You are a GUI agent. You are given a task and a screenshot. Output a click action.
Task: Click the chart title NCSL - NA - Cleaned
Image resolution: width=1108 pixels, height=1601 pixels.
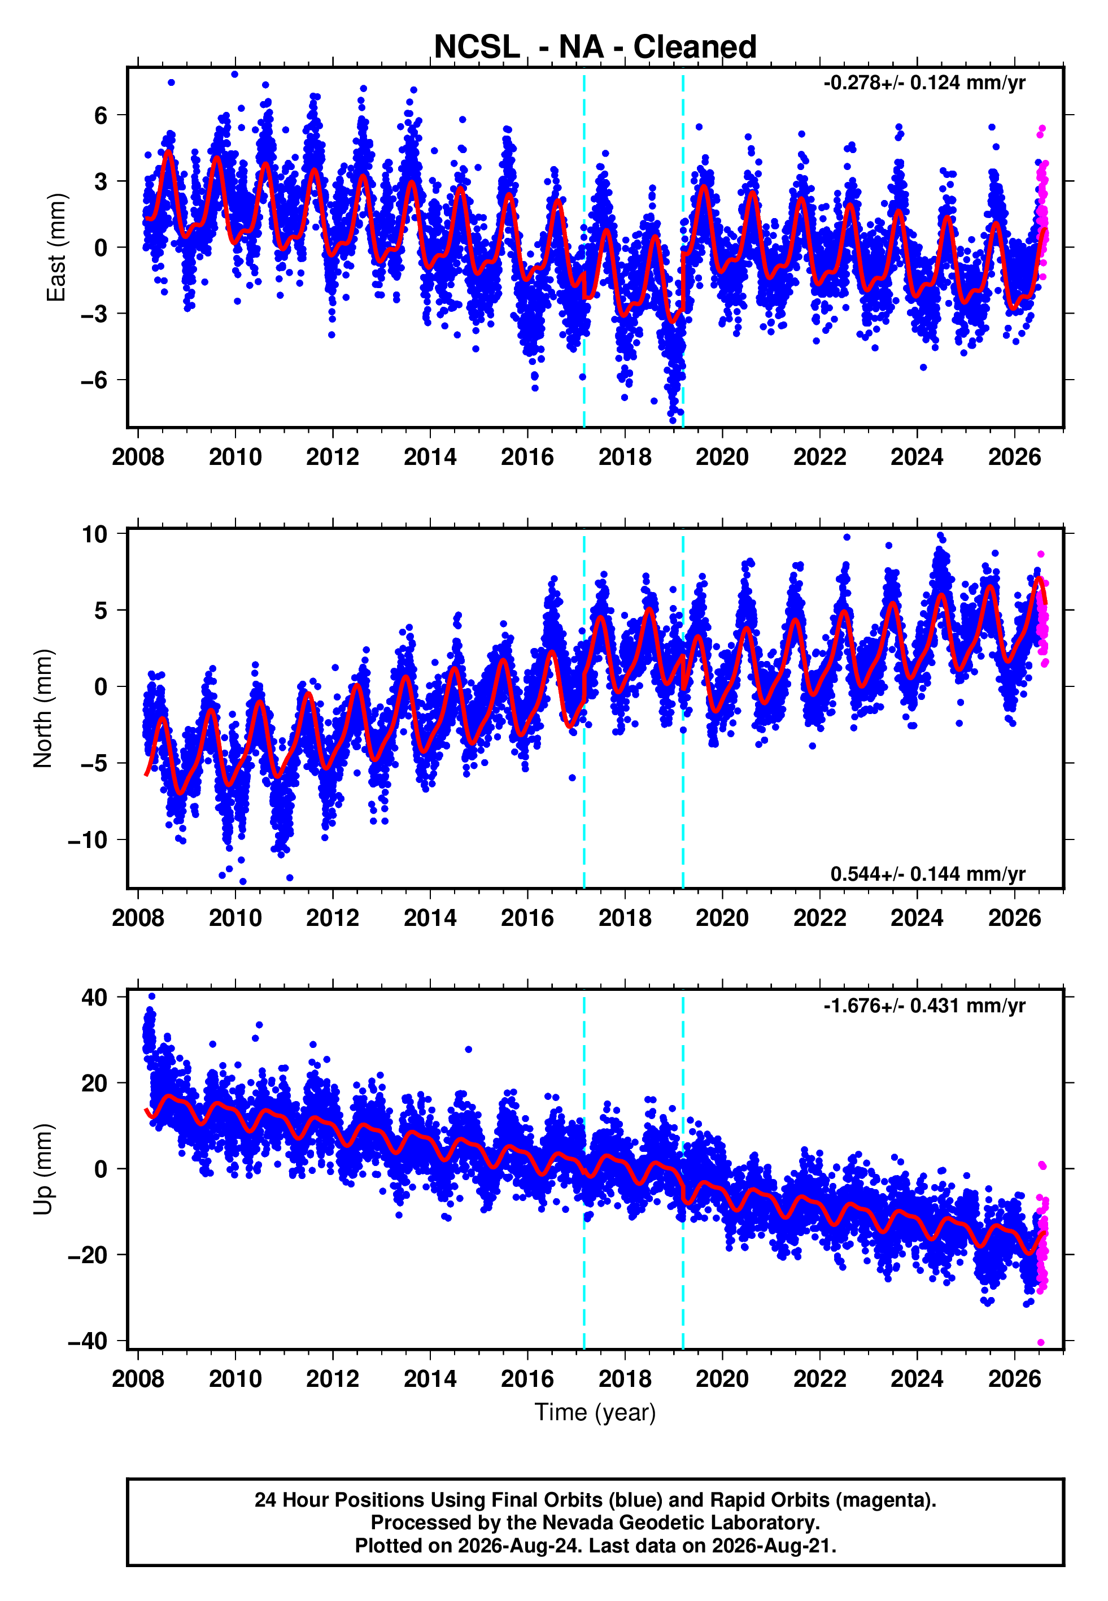click(x=595, y=47)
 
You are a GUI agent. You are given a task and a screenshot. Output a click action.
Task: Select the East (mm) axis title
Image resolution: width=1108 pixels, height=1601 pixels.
click(x=55, y=248)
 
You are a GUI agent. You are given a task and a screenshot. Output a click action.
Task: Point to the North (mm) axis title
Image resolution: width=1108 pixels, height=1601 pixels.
click(x=42, y=708)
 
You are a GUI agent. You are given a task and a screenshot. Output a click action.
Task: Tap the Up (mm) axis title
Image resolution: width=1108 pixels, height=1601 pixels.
click(x=42, y=1169)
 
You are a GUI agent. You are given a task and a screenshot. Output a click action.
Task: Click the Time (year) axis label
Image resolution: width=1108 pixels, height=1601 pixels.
click(x=595, y=1413)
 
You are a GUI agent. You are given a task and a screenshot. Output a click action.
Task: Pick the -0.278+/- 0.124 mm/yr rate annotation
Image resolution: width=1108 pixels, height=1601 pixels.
click(x=924, y=83)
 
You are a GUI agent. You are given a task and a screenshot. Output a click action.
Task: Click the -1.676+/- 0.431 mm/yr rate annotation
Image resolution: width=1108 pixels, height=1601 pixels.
click(x=924, y=1006)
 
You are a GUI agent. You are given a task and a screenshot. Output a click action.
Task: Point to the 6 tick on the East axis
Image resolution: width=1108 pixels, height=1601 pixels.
click(x=101, y=115)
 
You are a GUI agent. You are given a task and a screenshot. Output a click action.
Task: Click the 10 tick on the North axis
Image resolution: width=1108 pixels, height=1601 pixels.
click(x=94, y=534)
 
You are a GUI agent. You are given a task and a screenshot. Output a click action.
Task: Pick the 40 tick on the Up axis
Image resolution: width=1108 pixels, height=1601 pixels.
click(x=94, y=998)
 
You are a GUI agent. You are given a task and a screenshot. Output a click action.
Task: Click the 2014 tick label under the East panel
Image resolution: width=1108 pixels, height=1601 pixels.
click(x=430, y=458)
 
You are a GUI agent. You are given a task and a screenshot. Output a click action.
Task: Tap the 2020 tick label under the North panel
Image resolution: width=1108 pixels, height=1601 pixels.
click(x=723, y=918)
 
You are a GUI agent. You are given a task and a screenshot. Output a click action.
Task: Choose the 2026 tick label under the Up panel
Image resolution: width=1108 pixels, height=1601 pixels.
click(x=1015, y=1379)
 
